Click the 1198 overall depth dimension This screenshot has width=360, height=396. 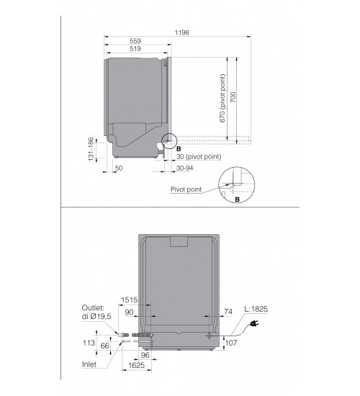[181, 32]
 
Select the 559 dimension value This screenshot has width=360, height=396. [135, 41]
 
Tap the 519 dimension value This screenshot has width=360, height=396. [135, 49]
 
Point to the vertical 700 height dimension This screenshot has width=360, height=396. [233, 97]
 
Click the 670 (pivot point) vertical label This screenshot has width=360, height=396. [222, 99]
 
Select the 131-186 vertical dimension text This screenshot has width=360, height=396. [91, 149]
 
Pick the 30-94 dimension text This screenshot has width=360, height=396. [184, 168]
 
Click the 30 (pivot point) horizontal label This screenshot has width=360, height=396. [199, 156]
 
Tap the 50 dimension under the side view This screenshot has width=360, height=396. [119, 168]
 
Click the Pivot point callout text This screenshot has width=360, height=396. [186, 189]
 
